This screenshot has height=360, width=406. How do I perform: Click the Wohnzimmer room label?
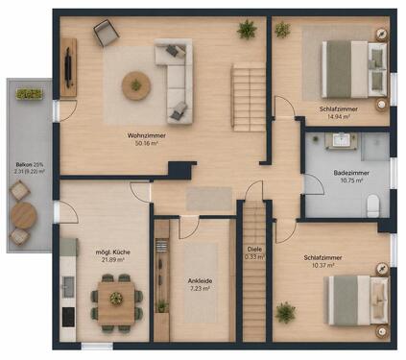click(x=146, y=135)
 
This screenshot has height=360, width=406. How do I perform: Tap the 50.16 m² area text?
click(x=147, y=143)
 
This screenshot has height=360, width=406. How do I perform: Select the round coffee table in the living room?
click(x=136, y=85)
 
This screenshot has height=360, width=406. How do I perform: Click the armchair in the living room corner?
click(x=107, y=33)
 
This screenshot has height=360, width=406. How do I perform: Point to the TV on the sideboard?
click(x=68, y=67)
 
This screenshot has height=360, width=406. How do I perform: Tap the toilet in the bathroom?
click(x=372, y=205)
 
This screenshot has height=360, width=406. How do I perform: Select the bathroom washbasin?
click(x=341, y=140)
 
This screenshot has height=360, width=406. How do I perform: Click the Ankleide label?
click(x=200, y=281)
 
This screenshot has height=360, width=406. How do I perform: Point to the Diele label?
click(x=254, y=249)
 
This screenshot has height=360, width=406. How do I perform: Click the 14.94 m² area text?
click(x=338, y=117)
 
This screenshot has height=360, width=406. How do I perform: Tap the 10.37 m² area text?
click(x=322, y=265)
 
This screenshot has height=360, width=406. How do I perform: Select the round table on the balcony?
click(x=23, y=216)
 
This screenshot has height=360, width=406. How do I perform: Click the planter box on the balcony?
click(x=29, y=94)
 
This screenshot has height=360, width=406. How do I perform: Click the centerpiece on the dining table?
click(x=116, y=299)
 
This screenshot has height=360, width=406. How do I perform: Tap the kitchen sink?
click(x=68, y=286)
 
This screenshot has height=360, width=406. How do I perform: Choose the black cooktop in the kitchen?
click(x=68, y=317)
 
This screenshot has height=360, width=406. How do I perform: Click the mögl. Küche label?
click(x=113, y=252)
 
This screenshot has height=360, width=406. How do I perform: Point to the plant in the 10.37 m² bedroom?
click(x=286, y=312)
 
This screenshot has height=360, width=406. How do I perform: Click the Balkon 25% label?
click(x=29, y=165)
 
